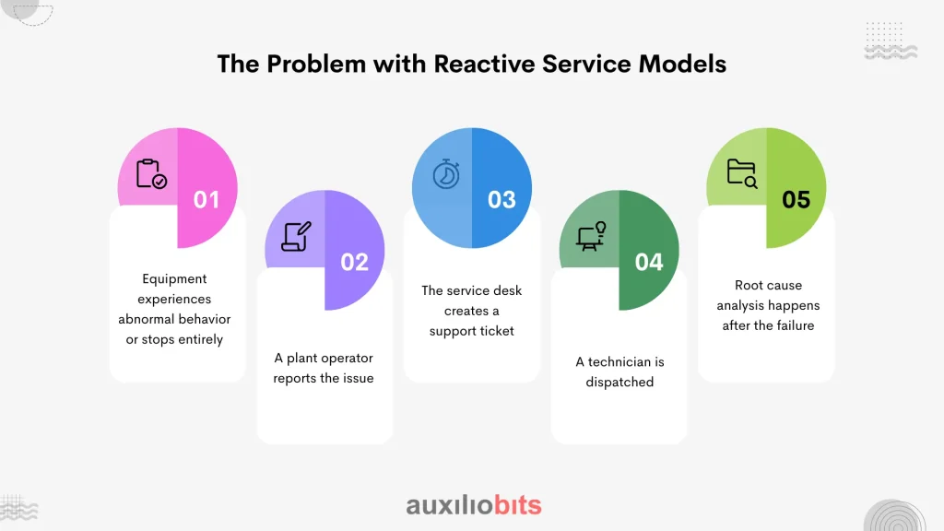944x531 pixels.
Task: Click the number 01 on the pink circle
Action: tap(206, 199)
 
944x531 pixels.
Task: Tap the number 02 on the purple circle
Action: tap(354, 263)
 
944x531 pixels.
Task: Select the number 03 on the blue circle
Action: tap(501, 199)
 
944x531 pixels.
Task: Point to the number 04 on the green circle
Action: tap(649, 263)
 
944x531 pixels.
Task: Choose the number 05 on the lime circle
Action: tap(796, 199)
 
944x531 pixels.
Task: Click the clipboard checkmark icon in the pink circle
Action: tap(151, 174)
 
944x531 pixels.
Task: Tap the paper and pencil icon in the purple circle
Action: tap(297, 236)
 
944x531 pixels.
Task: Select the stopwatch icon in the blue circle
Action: tap(447, 173)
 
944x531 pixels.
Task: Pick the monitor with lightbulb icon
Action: tap(591, 236)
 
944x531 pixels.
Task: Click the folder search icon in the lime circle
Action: tap(741, 173)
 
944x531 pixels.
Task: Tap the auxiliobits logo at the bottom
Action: tap(474, 505)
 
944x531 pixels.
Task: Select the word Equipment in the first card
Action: tap(174, 278)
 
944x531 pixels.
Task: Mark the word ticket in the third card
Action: tap(496, 331)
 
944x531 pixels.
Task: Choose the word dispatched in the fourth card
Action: tap(619, 382)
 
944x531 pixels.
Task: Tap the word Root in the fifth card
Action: tap(749, 285)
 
